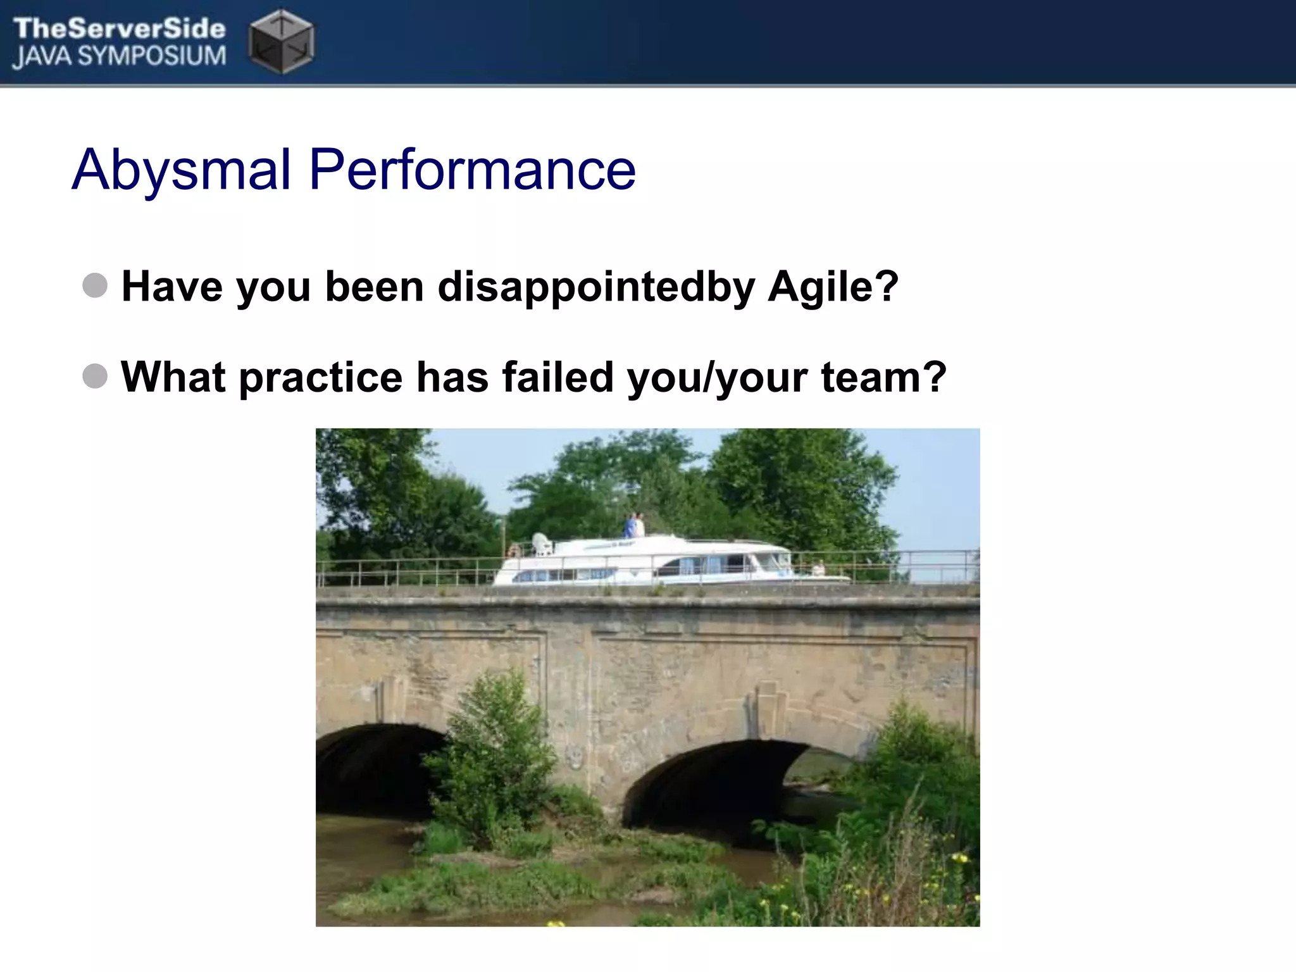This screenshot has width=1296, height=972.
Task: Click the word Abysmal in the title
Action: [182, 170]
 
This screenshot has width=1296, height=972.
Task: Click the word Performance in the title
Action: [471, 170]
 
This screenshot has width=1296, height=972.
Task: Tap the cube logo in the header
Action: [281, 40]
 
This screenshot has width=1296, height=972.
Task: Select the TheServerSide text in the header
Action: [119, 28]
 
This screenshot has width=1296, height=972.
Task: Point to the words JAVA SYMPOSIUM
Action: [119, 57]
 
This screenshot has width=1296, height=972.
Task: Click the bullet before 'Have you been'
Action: [95, 285]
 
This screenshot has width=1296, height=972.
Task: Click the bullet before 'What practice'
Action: [95, 376]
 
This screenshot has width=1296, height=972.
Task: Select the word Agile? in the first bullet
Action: [832, 287]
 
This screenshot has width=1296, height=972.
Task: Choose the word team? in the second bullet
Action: [883, 377]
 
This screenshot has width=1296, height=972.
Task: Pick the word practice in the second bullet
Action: [320, 377]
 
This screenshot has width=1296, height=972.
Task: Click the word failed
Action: [558, 377]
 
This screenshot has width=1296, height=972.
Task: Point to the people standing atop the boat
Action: [635, 525]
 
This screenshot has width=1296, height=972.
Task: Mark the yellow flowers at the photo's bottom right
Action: [959, 861]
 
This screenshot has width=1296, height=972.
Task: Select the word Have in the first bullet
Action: [171, 287]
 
